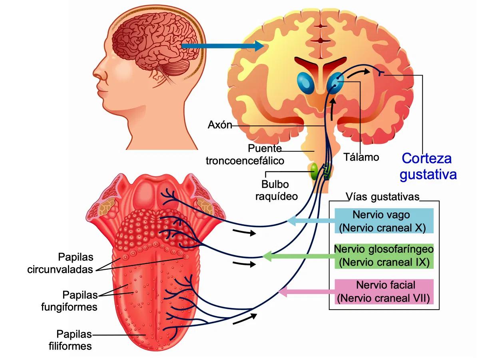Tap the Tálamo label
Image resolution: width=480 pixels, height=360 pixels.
(x=361, y=157)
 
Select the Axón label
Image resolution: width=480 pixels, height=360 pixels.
(x=220, y=125)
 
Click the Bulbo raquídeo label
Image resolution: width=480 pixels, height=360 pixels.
(x=280, y=191)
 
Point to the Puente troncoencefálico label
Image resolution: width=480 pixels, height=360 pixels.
(x=245, y=155)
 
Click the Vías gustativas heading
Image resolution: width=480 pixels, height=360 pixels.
(x=383, y=197)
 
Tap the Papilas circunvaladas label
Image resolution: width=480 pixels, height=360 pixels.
(x=60, y=263)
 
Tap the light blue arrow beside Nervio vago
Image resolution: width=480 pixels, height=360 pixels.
(x=311, y=221)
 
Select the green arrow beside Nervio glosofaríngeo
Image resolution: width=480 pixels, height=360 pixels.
(x=298, y=256)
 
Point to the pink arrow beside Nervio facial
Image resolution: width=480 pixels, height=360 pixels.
(x=306, y=292)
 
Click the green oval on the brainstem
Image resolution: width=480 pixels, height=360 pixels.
(x=315, y=171)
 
